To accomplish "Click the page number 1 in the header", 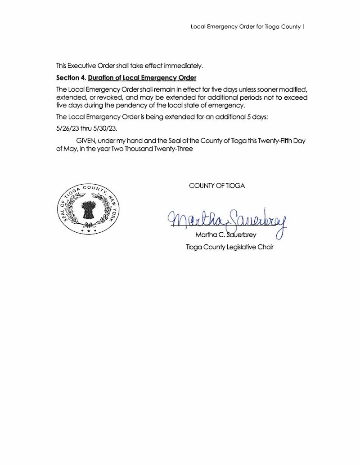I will coord(304,27).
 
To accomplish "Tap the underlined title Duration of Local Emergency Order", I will coord(142,77).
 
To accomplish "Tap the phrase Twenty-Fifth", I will coord(271,141).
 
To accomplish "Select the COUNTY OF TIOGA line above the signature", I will coord(217,186).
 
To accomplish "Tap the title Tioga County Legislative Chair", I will coord(229,247).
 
